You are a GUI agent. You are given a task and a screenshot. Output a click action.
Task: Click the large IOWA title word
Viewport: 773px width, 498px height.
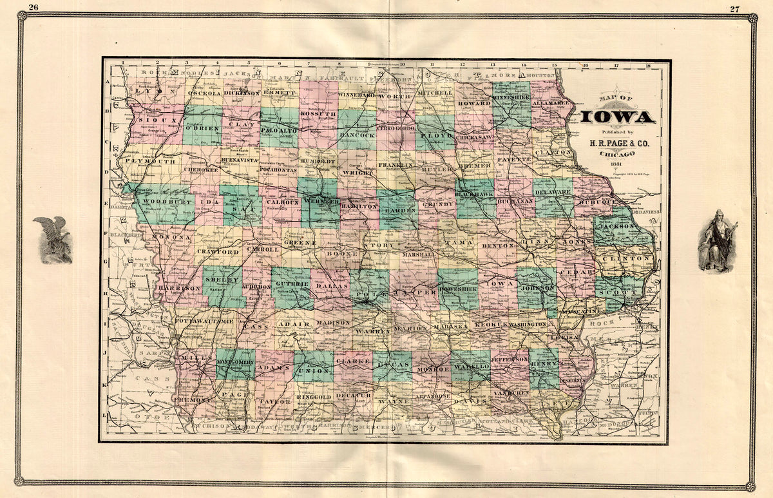click(x=618, y=117)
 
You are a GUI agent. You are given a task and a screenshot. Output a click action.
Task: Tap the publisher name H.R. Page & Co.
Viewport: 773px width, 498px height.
click(x=617, y=143)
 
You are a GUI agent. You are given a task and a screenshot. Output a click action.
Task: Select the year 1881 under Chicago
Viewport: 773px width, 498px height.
click(x=617, y=164)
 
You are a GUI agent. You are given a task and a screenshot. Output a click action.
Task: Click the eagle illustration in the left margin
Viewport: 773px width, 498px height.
click(x=52, y=239)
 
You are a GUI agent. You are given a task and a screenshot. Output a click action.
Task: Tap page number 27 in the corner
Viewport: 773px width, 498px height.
click(x=735, y=8)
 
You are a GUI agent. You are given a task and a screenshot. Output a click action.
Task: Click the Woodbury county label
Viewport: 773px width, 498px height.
click(x=159, y=202)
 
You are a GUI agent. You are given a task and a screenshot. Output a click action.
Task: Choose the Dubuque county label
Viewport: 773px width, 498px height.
click(x=600, y=202)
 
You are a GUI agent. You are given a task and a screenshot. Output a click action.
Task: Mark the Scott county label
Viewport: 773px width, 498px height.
click(x=625, y=291)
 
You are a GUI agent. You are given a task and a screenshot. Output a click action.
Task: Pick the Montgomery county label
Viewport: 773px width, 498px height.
click(x=235, y=363)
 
